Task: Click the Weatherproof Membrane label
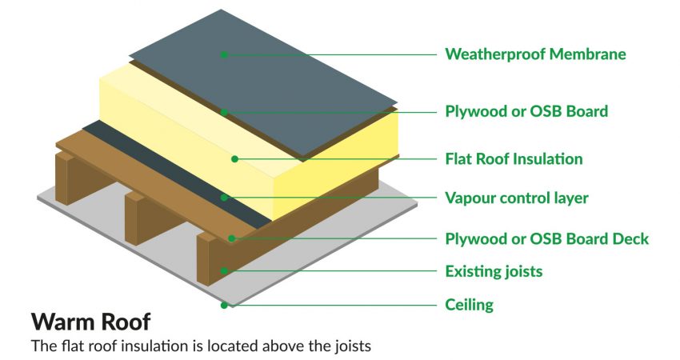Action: [x=535, y=54]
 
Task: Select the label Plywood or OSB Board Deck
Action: [x=547, y=239]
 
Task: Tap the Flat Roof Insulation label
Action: [x=514, y=158]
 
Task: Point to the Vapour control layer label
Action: [x=517, y=198]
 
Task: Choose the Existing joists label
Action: [x=494, y=271]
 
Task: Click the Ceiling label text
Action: [x=470, y=305]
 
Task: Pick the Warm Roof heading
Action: [x=90, y=322]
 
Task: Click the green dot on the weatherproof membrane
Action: [x=224, y=54]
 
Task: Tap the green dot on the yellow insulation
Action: [x=234, y=159]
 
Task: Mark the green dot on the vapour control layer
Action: [x=224, y=198]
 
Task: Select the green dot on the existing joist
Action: [x=224, y=271]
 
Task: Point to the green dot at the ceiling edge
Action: [x=224, y=306]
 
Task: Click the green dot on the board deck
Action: [x=231, y=238]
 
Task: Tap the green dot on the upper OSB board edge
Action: [x=224, y=112]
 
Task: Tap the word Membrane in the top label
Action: [x=588, y=54]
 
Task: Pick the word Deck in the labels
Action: [x=630, y=239]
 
